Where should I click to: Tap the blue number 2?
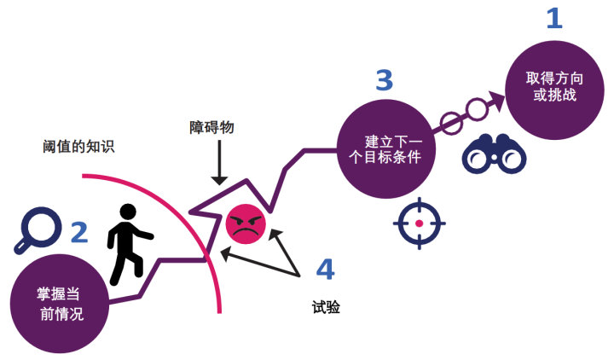(x=78, y=231)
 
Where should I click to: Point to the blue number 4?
(x=325, y=270)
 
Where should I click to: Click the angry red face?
(x=246, y=224)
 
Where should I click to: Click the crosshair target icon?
(x=419, y=224)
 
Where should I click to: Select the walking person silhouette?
(x=129, y=243)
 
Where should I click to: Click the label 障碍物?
(x=211, y=127)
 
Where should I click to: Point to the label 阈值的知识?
(x=78, y=146)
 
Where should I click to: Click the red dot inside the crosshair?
(x=419, y=224)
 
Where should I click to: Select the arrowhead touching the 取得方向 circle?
(x=494, y=100)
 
